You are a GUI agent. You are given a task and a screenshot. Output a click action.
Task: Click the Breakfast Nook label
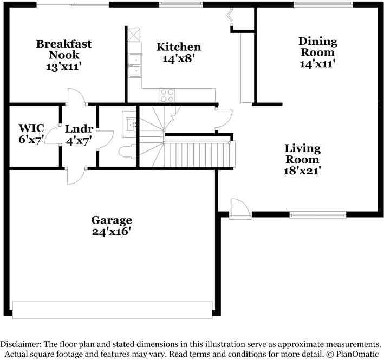coord(64,49)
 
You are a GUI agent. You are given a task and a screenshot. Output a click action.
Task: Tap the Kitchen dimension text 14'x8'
coord(178,58)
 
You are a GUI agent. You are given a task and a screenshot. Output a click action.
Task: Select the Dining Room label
coord(317,47)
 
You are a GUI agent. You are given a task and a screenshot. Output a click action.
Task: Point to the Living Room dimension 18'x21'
coord(303,171)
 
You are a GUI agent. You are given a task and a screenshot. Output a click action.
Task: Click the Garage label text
coord(112,220)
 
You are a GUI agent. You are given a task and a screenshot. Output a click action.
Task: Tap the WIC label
coord(31,128)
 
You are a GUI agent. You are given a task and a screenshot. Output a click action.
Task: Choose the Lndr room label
coord(79,129)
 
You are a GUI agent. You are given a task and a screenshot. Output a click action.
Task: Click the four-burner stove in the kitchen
coord(167,95)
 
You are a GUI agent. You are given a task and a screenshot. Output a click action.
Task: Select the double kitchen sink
coord(134,65)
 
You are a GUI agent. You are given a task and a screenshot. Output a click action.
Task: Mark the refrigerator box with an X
coord(134,34)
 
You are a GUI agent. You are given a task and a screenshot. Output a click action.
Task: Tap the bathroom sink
coord(131,125)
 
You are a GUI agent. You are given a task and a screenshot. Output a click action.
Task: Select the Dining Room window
coord(323,4)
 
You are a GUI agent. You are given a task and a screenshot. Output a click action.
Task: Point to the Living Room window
coord(317,215)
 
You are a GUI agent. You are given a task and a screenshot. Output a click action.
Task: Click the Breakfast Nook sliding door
coord(73,4)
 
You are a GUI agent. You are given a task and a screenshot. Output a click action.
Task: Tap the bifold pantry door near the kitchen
coord(231,17)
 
